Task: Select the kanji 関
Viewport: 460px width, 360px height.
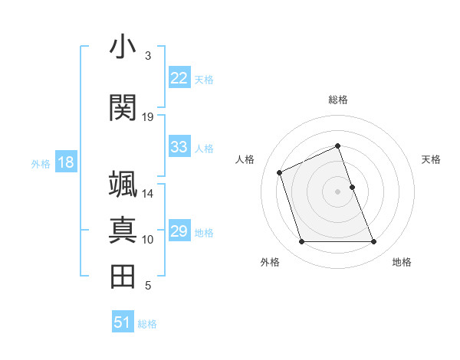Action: tap(123, 108)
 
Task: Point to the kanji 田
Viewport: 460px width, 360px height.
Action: tap(123, 277)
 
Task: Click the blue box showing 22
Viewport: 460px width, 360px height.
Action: tap(179, 78)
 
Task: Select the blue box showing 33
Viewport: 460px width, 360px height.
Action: tap(179, 147)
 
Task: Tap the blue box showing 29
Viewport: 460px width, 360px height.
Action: tap(179, 231)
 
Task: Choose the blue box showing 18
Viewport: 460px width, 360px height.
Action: tap(65, 162)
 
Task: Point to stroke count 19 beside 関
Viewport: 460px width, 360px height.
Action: tap(148, 116)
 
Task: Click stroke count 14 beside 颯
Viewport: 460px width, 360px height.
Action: tap(148, 193)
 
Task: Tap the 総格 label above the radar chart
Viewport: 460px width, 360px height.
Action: tap(338, 100)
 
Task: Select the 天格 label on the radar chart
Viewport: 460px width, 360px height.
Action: tap(432, 159)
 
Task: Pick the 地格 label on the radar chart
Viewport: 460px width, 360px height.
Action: tap(402, 262)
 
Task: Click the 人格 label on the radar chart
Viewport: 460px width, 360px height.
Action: tap(245, 159)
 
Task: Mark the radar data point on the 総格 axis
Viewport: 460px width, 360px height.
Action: tap(338, 146)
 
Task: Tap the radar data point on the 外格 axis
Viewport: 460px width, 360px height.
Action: tap(301, 242)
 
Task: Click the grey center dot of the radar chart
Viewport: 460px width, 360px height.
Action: tap(338, 191)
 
